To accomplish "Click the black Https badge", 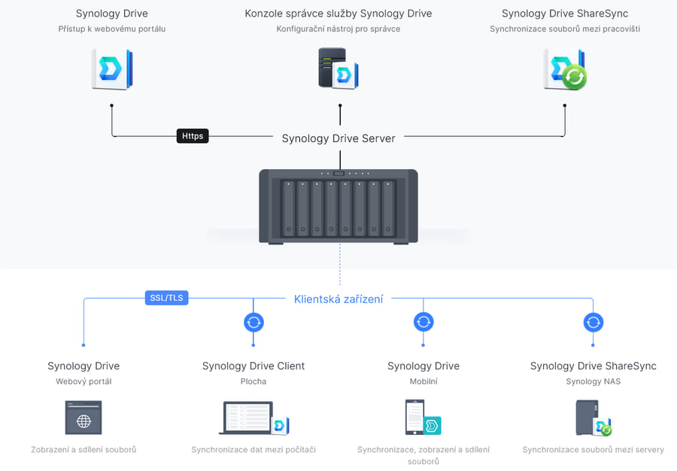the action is (x=193, y=136).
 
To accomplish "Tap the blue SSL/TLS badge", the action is (x=167, y=298).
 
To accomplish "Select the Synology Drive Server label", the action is (x=338, y=138).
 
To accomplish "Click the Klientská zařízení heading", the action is (x=338, y=299).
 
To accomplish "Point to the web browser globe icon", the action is (x=83, y=418).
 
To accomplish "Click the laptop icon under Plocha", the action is (x=246, y=418).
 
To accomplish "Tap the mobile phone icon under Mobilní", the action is (x=414, y=417).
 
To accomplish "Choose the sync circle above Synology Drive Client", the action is (x=253, y=323).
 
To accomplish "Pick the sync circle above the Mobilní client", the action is (x=424, y=322).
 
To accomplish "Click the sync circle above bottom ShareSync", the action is (x=594, y=323).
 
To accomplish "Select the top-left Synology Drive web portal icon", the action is (x=112, y=69).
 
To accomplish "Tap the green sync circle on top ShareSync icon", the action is (x=574, y=77).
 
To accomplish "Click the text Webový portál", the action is (x=83, y=381).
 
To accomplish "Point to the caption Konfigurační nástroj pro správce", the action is (x=338, y=29).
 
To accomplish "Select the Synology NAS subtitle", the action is (x=594, y=381).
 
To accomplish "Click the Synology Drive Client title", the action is (x=253, y=366).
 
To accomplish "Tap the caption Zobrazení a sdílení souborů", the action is (x=83, y=450).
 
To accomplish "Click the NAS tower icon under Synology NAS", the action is (x=587, y=418).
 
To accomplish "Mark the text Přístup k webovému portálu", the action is (x=112, y=29).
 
